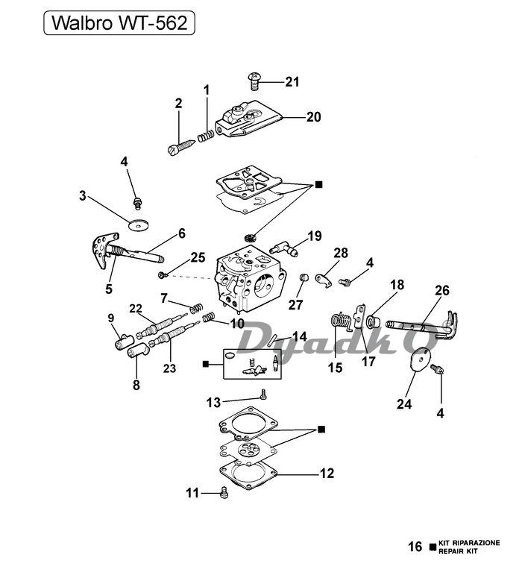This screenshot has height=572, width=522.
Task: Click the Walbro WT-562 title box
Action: (119, 24)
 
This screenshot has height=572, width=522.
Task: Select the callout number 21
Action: (292, 82)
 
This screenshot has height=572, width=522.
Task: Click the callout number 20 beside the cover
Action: (313, 117)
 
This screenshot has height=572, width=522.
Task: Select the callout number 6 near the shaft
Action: (181, 233)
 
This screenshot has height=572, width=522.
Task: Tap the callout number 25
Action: (197, 257)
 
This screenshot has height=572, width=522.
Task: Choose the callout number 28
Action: (341, 254)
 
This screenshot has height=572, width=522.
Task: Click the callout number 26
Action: (442, 290)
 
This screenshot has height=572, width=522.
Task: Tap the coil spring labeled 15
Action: (340, 321)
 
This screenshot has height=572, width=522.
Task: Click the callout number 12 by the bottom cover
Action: (326, 473)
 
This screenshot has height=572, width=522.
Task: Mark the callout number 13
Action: (213, 403)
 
